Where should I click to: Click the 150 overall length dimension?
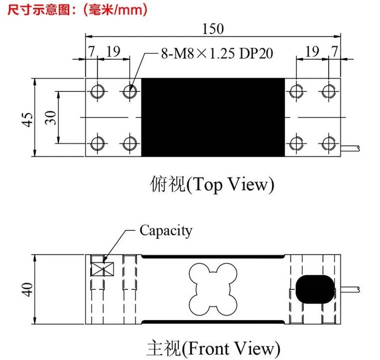coord(213,28)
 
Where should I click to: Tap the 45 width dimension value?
coord(27,120)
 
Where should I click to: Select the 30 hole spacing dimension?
coord(50,118)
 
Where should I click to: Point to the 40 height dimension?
coord(27,289)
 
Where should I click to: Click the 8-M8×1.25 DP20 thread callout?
coord(217,53)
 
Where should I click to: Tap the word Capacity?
coord(166,231)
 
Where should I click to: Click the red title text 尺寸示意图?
coord(38,10)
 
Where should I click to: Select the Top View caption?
coord(212,185)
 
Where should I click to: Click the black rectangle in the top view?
coord(213,117)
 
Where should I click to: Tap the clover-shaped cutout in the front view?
coord(213,289)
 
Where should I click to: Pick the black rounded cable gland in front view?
coord(315,289)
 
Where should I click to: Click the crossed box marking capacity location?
coord(102,269)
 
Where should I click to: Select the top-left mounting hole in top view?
coord(98,92)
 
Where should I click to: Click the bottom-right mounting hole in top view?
coord(328,143)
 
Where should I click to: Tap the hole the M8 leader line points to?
coord(129,92)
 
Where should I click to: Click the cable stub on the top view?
coord(350,148)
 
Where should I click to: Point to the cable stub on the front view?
coord(350,289)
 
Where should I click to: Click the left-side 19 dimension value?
coord(114,51)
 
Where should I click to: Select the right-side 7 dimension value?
coord(335,51)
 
